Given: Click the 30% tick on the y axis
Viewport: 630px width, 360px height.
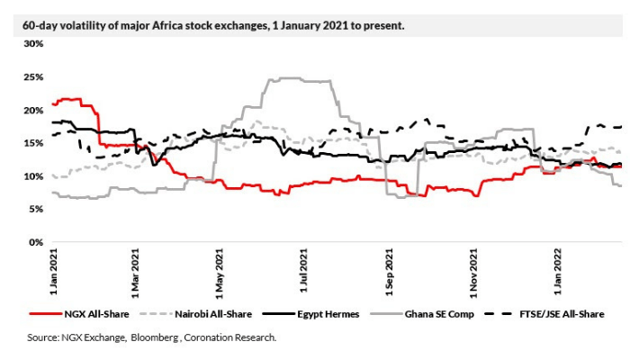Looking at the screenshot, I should coord(32,43).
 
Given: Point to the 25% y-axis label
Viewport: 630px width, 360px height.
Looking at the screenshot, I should coord(32,76).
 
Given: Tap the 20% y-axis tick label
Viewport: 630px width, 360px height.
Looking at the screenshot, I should coord(32,110).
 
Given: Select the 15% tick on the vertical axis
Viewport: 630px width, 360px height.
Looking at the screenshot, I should coord(32,143).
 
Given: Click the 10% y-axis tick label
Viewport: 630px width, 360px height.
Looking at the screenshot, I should coord(32,176).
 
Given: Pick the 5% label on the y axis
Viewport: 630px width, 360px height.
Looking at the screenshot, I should coord(34,210).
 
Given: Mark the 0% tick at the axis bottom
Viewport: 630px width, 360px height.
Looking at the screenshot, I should coord(34,243).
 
